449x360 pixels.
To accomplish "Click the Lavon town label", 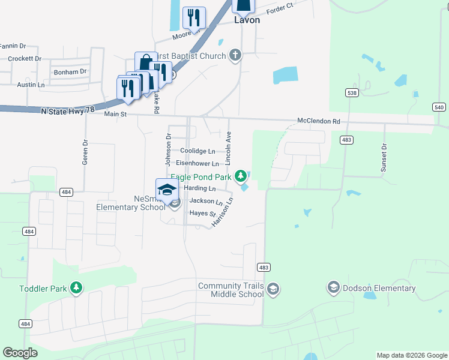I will coord(247,20).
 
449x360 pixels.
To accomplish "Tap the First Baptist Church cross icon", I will coord(235,56).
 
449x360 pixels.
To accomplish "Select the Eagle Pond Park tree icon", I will coord(241,176).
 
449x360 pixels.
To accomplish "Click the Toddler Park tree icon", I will coord(76,289).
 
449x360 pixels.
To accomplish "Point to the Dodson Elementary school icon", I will coord(334,288).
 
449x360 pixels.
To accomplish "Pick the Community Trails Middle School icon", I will coord(273,290).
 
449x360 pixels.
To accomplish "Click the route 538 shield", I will coord(352,92).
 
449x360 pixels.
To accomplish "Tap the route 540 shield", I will coord(439,107).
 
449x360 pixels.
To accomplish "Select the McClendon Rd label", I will coord(319,121).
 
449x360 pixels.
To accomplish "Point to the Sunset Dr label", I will coord(384,158).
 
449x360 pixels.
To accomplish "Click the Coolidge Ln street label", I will coord(197,151).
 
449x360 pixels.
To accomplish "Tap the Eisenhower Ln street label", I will coord(197,163).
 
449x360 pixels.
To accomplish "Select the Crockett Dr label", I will coord(25,59).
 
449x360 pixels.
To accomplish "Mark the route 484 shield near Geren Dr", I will coord(66,192).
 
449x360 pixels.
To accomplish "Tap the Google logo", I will coord(20,353).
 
